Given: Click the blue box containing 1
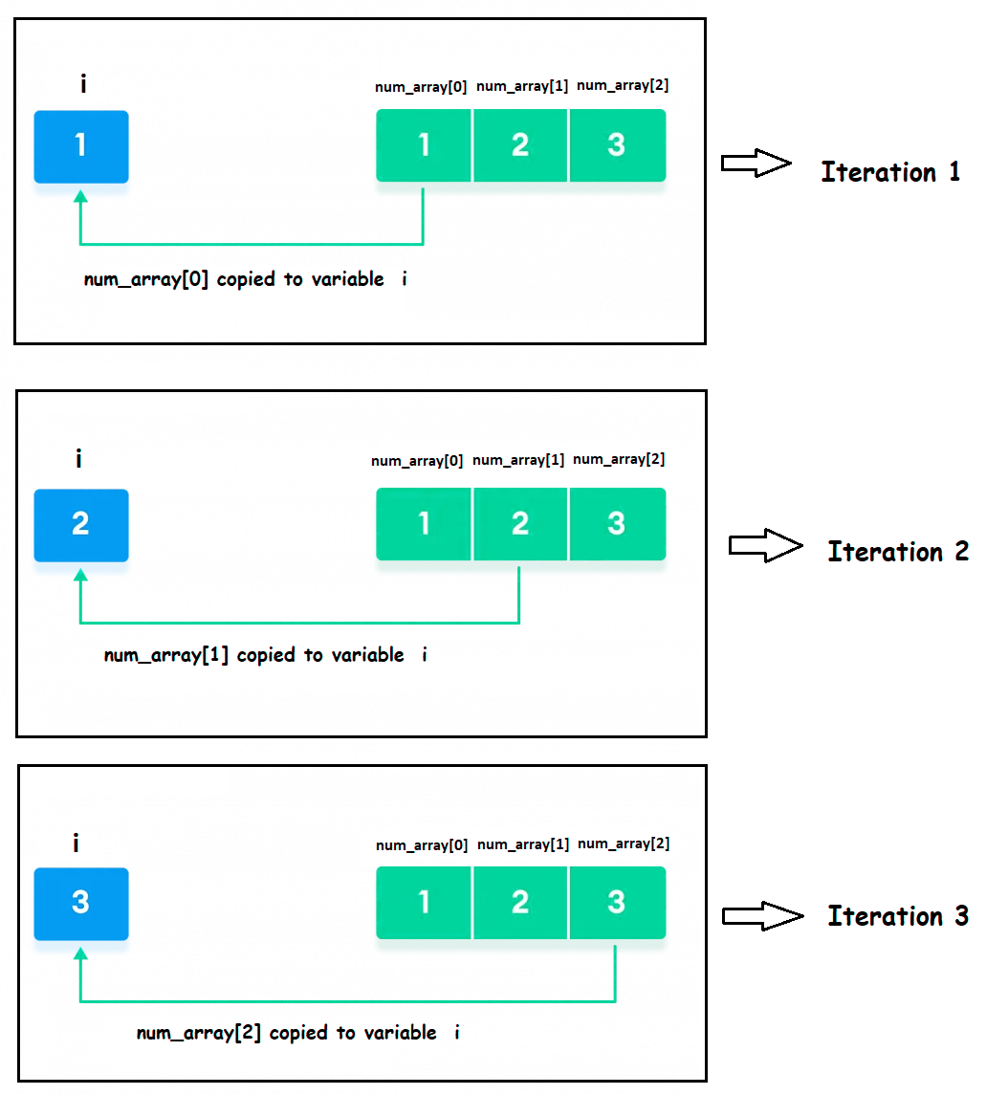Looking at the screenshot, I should point(81,146).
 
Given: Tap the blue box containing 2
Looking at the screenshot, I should point(81,525).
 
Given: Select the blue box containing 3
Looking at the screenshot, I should point(81,903).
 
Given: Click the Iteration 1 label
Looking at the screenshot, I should point(890,172).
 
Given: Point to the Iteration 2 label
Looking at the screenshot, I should point(897,552).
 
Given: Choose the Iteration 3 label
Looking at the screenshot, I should point(897,916).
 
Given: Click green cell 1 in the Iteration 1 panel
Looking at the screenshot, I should point(424,145).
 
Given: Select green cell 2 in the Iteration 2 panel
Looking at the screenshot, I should point(520,524).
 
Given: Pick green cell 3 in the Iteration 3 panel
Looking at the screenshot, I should point(617,902).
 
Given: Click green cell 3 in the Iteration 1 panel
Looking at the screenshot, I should point(617,145).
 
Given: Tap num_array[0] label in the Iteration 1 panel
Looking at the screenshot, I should point(421,87).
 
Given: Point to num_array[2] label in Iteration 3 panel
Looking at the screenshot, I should point(624,843).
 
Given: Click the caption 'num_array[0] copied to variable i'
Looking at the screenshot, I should point(245,280).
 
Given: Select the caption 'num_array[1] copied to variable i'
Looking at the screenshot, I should point(265,656).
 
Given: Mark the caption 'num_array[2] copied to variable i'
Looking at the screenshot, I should point(297,1034).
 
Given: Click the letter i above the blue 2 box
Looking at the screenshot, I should point(78,460).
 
